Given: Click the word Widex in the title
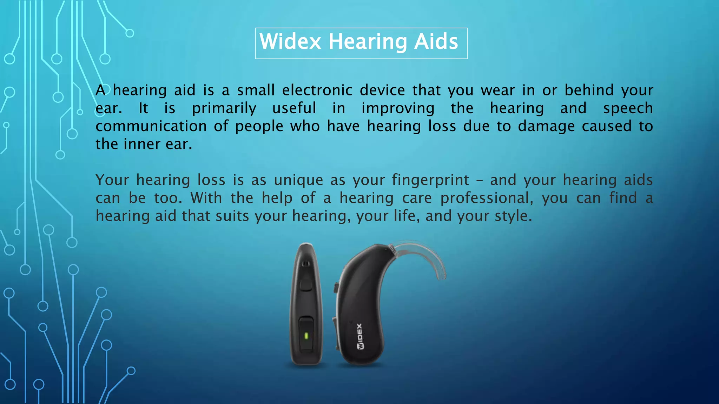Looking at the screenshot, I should coord(290,42).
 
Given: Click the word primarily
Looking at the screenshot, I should coord(224,108).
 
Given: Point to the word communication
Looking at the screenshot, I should coord(151,126).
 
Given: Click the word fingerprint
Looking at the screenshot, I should coord(430,180).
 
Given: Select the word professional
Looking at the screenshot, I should coord(486,198).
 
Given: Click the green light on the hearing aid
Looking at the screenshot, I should coord(306,336).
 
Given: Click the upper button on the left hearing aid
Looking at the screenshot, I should coord(306,285).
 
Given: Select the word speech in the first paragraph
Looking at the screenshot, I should coord(628,108).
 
